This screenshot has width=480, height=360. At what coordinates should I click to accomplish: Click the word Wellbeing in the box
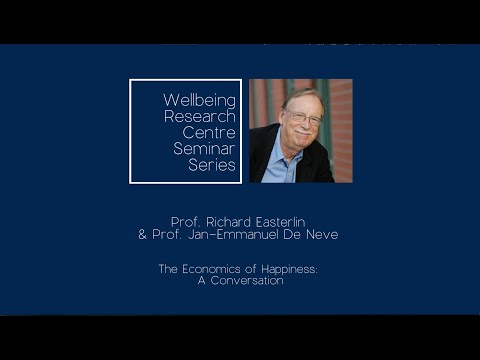click(199, 100)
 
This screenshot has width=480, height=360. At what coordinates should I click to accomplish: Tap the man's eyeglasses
click(304, 118)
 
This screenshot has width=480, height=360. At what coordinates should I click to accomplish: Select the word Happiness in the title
click(290, 268)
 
